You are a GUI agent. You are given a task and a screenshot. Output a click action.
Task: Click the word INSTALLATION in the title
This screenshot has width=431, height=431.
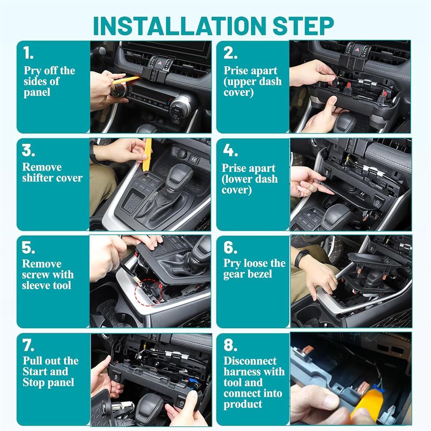coord(180,26)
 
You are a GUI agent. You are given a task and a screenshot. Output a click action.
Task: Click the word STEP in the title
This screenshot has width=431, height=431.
coord(303,26)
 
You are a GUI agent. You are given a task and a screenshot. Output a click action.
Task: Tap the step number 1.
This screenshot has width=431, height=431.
coord(28,53)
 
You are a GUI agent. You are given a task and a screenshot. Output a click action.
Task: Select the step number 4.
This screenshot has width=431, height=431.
coord(230,150)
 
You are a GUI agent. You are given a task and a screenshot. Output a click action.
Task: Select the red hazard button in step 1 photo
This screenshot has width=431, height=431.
coord(160,63)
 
